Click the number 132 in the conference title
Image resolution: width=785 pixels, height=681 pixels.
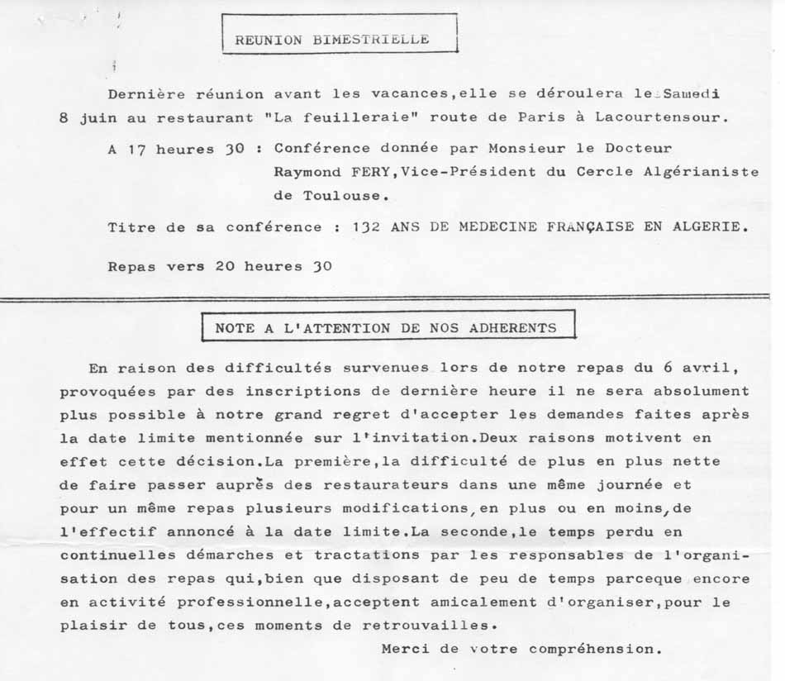(x=366, y=227)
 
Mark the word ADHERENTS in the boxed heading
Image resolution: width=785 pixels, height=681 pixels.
(x=512, y=327)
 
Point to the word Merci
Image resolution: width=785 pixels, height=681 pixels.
(x=408, y=649)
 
